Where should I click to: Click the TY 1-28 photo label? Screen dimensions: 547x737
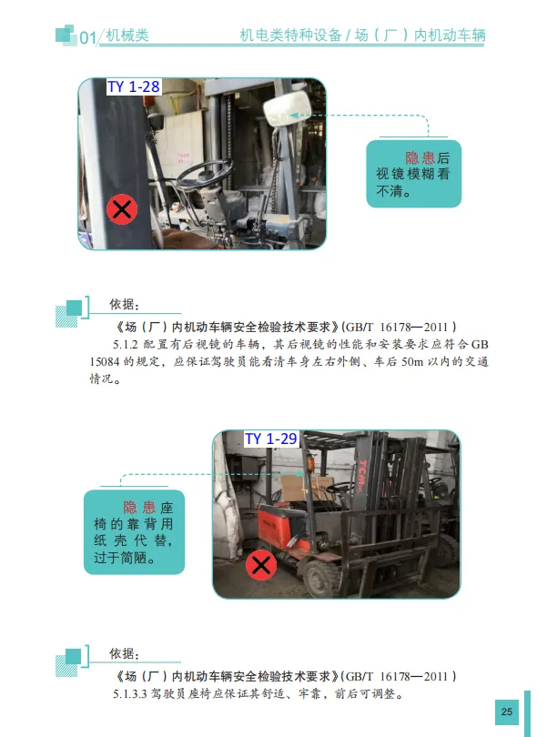134,87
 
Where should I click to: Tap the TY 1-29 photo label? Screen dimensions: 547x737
271,439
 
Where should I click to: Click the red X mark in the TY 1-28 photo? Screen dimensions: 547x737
122,209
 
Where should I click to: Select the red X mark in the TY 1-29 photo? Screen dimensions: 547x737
261,564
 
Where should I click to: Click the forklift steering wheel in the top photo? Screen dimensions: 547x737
205,173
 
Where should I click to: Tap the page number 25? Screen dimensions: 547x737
507,712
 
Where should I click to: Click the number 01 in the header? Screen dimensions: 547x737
88,37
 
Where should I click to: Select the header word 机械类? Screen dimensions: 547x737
127,35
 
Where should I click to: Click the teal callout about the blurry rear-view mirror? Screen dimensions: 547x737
413,174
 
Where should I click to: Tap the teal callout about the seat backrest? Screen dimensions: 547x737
134,532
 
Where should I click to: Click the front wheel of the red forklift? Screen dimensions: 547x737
320,576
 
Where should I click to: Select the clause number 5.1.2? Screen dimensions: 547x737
125,345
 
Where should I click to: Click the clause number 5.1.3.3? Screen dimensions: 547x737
130,693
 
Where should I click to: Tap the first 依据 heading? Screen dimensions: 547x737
124,304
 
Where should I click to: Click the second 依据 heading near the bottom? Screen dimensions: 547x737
124,653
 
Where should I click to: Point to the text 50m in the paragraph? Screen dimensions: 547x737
412,362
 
